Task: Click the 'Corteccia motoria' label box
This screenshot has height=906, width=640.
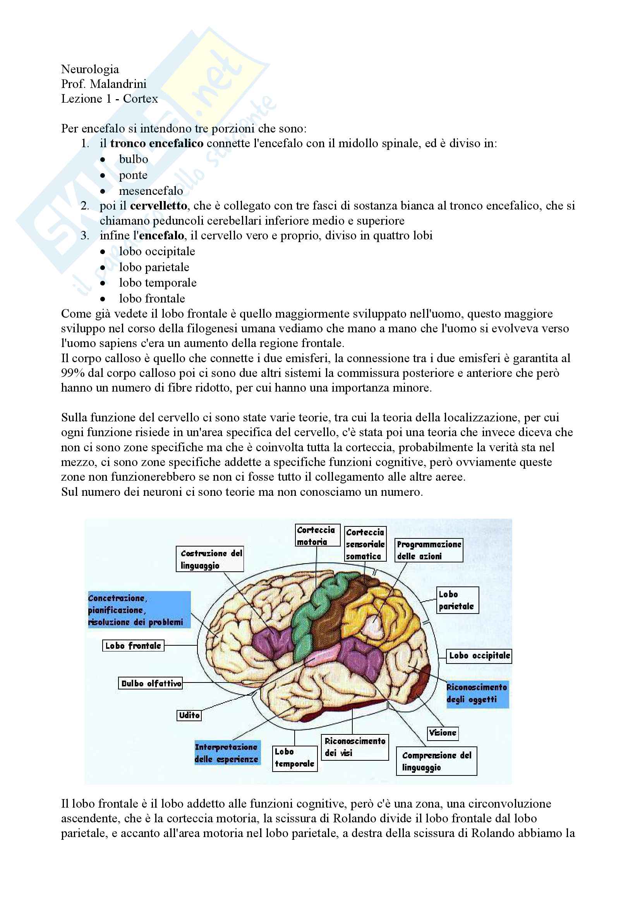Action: (x=317, y=535)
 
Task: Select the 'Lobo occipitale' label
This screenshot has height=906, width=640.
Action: (x=479, y=656)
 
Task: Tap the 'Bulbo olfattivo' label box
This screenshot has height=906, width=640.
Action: (x=151, y=683)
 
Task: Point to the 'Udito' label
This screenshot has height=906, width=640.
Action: (x=189, y=715)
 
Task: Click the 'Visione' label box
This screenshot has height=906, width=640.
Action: (x=443, y=733)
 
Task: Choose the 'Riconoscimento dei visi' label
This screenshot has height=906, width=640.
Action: (x=355, y=747)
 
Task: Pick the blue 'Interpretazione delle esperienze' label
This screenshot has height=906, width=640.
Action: (x=227, y=753)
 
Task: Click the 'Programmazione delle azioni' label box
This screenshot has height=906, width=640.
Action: (x=429, y=550)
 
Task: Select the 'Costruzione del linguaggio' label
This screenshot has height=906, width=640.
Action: (x=210, y=559)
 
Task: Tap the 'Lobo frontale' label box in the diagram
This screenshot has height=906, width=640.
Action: (x=133, y=646)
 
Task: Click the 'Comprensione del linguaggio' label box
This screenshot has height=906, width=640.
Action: (x=436, y=761)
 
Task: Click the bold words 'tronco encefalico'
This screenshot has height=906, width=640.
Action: (x=156, y=143)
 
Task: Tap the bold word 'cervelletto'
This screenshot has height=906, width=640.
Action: (x=158, y=206)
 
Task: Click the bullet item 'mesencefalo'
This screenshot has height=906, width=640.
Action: (x=151, y=191)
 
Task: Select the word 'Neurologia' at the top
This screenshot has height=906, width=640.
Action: (x=90, y=69)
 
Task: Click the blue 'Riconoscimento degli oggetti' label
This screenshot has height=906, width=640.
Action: (x=477, y=693)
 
